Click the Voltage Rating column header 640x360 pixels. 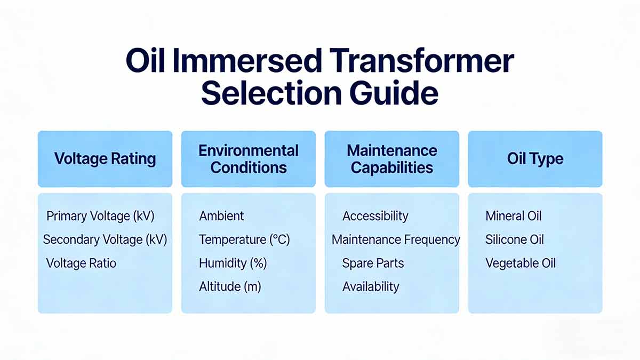(x=105, y=159)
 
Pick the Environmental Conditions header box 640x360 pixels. (x=248, y=159)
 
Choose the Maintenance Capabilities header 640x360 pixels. (x=391, y=159)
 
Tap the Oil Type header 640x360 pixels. (x=535, y=159)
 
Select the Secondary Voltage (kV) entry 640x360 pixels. (x=105, y=239)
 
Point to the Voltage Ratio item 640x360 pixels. (x=81, y=263)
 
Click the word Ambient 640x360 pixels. (x=221, y=216)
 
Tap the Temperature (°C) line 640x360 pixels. (x=244, y=239)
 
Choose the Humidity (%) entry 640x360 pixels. (x=233, y=263)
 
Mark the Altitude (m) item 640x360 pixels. (x=230, y=286)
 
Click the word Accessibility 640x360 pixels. (x=375, y=216)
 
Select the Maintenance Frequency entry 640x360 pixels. (x=396, y=239)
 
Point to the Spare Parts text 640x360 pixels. (x=373, y=263)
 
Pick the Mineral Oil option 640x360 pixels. (x=513, y=216)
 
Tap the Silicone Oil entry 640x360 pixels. (x=514, y=239)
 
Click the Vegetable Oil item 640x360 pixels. (x=520, y=263)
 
